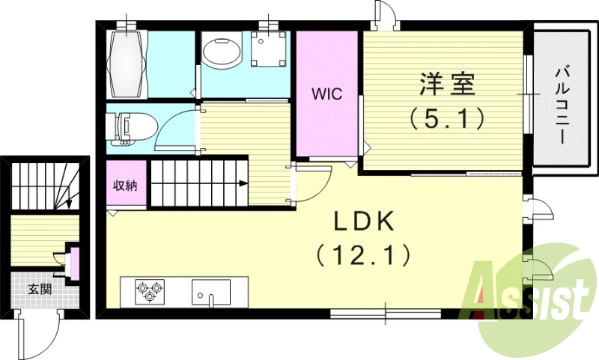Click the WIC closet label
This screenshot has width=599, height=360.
coord(326,94)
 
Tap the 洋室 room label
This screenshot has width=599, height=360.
coord(446,84)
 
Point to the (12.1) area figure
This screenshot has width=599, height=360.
coord(362,256)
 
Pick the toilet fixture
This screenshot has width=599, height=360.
coord(129,127)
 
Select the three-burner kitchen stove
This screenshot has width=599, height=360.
coord(149,290)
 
